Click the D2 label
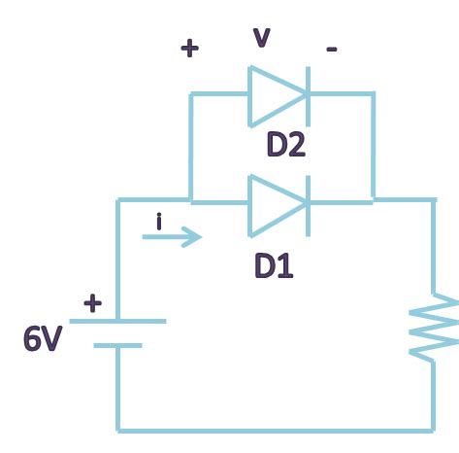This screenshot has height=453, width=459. click(286, 146)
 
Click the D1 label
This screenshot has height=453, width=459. click(274, 264)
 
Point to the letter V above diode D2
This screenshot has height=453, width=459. click(261, 38)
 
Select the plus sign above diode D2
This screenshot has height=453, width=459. click(190, 49)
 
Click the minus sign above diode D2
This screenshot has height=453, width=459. click(332, 50)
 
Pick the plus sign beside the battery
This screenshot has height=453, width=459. click(92, 303)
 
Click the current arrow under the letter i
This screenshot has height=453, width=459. click(173, 236)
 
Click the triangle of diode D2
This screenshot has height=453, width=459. click(274, 94)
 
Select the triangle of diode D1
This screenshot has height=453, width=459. click(274, 203)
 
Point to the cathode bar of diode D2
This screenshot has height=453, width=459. click(309, 94)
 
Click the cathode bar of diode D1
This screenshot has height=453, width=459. click(309, 203)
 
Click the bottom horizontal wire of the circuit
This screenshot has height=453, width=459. click(277, 428)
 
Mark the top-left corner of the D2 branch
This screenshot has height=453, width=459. click(191, 94)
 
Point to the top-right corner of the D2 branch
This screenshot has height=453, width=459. click(373, 94)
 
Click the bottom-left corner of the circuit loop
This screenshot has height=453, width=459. click(118, 428)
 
